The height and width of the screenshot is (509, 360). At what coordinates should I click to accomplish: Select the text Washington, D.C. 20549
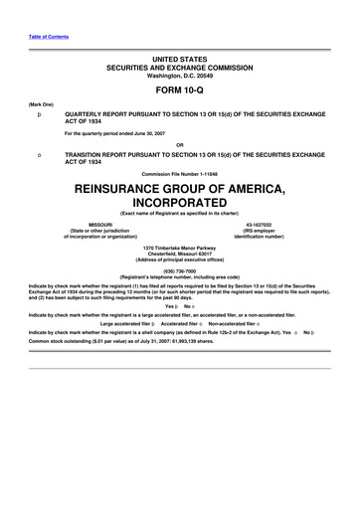coord(179,75)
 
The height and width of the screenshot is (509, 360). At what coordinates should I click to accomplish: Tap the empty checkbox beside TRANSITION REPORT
coord(40,156)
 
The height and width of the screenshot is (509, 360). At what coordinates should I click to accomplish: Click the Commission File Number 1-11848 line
coord(179,174)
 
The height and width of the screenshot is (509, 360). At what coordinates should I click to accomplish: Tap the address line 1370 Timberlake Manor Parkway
coord(179,247)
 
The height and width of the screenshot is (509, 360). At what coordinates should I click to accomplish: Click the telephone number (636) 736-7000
coord(179,269)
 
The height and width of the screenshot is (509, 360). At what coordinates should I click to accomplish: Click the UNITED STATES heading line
coord(179,59)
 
